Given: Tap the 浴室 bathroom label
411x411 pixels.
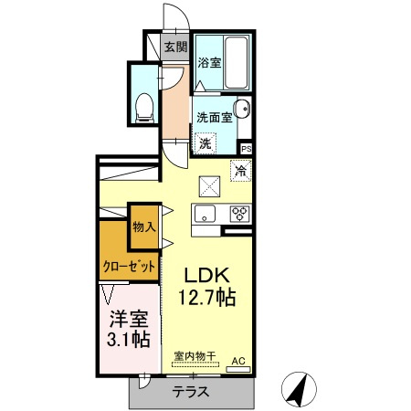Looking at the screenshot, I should (x=209, y=63).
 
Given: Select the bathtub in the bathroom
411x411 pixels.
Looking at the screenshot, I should (x=237, y=63).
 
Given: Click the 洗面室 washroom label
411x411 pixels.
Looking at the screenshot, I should (x=216, y=118).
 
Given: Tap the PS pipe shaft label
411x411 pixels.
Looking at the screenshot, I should (x=247, y=148).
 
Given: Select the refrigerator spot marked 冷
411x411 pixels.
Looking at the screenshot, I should (x=241, y=170).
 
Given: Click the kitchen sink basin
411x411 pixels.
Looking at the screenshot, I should (x=204, y=215).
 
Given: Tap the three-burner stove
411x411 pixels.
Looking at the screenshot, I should (x=239, y=215).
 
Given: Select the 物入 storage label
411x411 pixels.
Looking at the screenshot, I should (x=143, y=226).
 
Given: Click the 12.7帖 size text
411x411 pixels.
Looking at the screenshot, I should (x=213, y=297).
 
